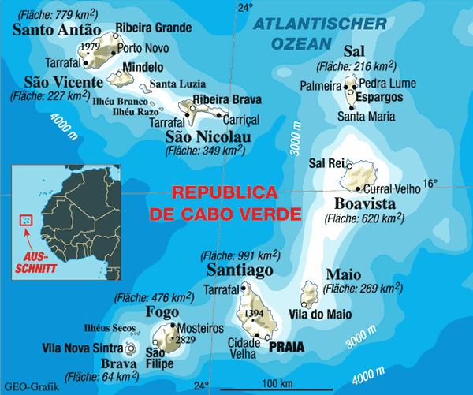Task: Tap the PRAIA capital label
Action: (287, 345)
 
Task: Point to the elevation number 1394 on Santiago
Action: (254, 314)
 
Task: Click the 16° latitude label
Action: (429, 185)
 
